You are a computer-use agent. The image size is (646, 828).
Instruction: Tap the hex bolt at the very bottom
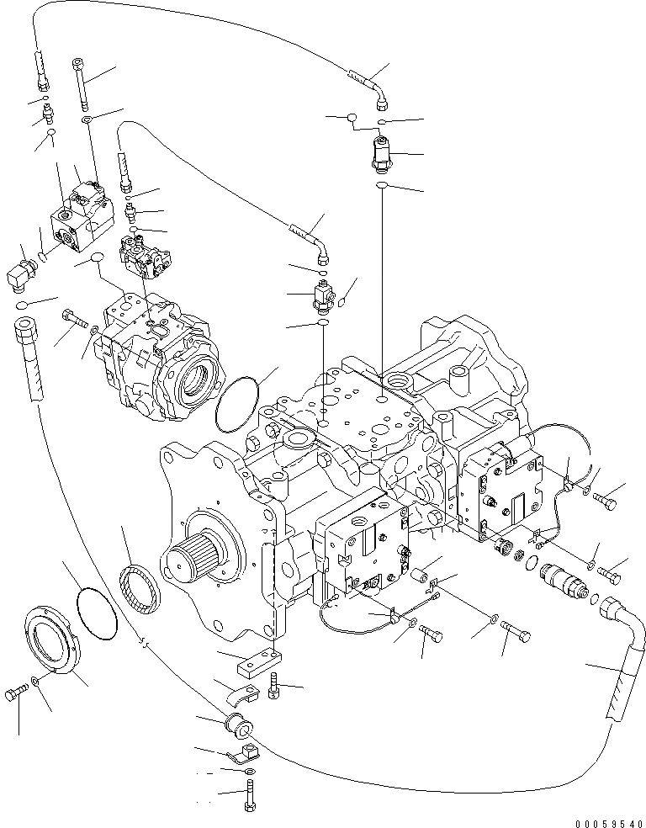click(x=250, y=795)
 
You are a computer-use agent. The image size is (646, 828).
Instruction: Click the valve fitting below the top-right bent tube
click(x=383, y=154)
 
